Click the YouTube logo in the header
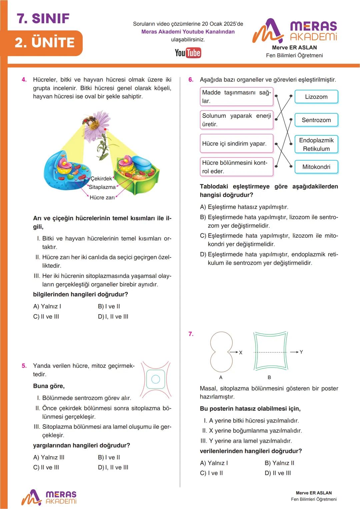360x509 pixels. click(188, 53)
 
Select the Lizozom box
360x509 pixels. click(316, 97)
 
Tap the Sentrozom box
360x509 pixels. click(316, 120)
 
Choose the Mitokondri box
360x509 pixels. click(316, 167)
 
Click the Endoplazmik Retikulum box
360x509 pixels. click(316, 144)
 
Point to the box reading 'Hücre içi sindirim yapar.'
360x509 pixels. click(236, 143)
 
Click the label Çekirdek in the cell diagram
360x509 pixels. click(101, 179)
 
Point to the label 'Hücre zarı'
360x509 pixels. click(102, 197)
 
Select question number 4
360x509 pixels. click(24, 80)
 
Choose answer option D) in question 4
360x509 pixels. click(113, 317)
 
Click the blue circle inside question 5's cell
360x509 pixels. click(156, 379)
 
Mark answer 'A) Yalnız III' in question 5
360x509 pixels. click(49, 457)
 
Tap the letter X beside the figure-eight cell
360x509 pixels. click(241, 352)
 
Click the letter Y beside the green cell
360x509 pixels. click(301, 352)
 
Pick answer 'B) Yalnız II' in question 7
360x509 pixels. click(279, 463)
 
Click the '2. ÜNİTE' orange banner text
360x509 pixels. click(45, 43)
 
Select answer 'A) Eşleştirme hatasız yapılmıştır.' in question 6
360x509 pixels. click(244, 207)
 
